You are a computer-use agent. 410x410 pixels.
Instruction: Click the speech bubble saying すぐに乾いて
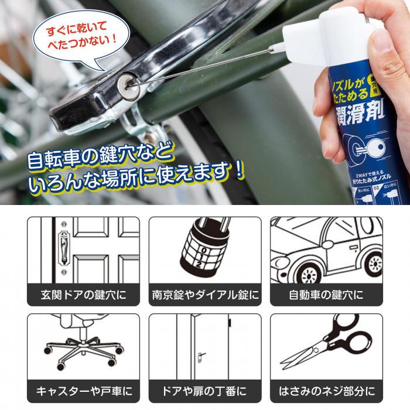(76, 35)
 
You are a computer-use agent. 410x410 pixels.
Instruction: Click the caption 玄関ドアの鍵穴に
(83, 293)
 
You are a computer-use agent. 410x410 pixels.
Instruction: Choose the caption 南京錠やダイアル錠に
(205, 293)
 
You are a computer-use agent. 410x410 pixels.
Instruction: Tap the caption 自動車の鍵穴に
(326, 293)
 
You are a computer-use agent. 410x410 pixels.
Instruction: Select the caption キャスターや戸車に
(83, 390)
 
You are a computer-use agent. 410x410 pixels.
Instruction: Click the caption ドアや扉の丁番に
(205, 390)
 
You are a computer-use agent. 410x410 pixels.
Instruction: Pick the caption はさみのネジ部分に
(326, 390)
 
